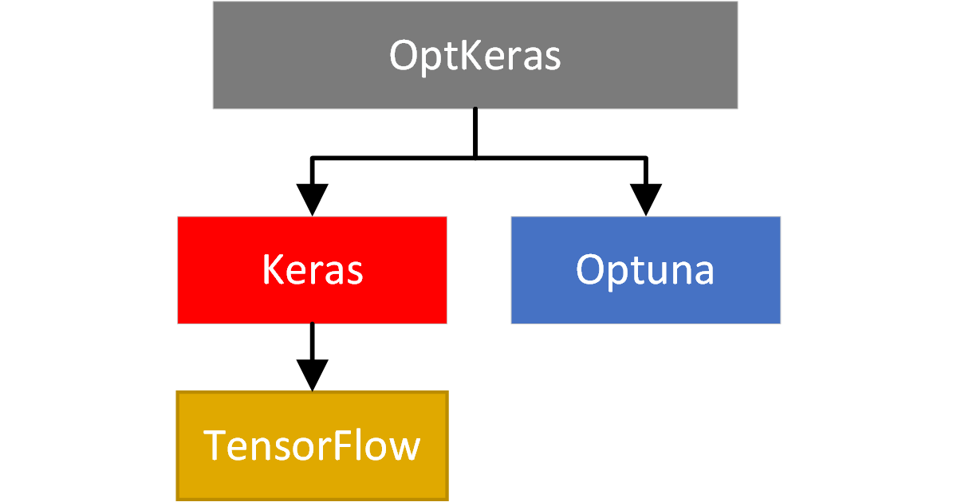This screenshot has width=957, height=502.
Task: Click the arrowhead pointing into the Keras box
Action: (312, 199)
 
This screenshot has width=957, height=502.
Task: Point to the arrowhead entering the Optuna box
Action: (645, 199)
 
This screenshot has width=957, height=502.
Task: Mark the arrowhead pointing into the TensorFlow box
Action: (312, 375)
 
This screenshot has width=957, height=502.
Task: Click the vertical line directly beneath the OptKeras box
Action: (475, 131)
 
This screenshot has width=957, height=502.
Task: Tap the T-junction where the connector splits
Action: (475, 159)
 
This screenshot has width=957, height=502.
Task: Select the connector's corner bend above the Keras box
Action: (313, 159)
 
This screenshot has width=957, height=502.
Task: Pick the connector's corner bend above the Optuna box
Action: (645, 159)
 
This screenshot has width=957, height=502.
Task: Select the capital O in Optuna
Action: (591, 271)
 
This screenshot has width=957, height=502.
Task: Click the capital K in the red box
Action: (273, 271)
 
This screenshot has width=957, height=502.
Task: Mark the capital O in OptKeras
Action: (404, 56)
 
